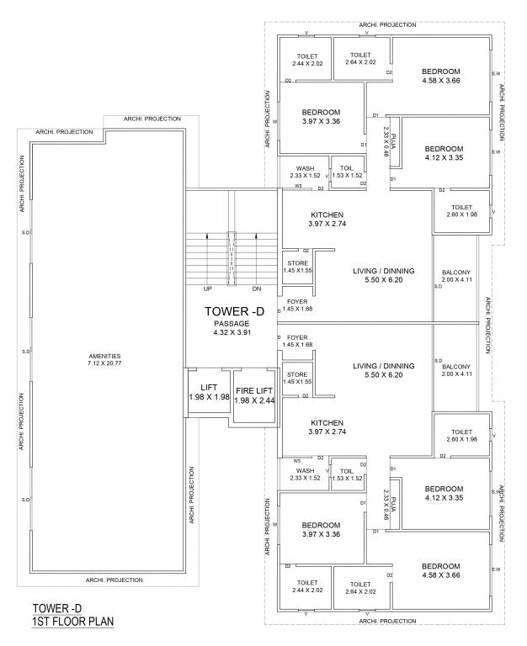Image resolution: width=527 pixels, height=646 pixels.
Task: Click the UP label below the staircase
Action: (206, 289)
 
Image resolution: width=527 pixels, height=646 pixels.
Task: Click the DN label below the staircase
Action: (256, 289)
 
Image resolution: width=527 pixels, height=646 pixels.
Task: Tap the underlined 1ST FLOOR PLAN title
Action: (72, 622)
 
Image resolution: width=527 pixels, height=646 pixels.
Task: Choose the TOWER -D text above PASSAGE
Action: (235, 311)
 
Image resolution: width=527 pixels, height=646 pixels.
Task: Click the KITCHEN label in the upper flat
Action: (304, 214)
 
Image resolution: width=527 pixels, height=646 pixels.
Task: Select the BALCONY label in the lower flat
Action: (455, 367)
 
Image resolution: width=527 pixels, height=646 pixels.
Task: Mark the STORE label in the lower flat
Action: (296, 374)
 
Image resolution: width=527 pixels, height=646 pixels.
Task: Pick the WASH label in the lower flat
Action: (305, 470)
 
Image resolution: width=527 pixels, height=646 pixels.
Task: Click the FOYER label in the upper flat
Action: (297, 301)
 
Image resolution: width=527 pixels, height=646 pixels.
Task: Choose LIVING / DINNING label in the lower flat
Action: (383, 366)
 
